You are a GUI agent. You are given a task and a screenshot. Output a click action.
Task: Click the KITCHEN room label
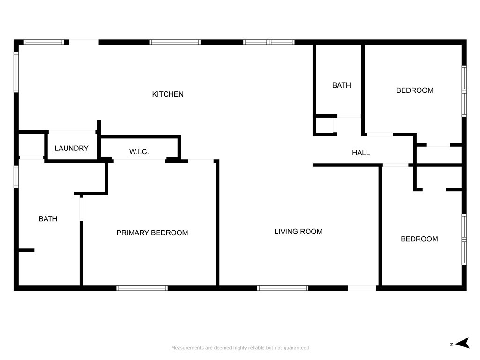(x=168, y=94)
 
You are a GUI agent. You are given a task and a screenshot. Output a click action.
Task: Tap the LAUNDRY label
(x=71, y=149)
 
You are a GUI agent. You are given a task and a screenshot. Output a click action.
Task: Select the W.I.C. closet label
(x=139, y=152)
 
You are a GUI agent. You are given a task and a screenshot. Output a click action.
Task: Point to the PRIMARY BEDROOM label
(x=152, y=233)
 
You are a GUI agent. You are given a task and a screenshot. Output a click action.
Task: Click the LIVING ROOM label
(x=298, y=232)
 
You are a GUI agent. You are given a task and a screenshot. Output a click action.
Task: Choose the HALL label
(x=361, y=153)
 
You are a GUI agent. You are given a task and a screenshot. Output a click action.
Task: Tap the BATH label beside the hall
(x=341, y=85)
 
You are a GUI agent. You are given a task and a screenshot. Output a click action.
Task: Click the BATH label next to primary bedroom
(x=48, y=219)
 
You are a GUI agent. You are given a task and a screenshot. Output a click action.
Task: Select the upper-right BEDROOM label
(x=415, y=90)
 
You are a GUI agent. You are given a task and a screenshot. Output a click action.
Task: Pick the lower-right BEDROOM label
(x=419, y=239)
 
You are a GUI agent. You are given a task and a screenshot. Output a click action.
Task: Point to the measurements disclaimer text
(x=240, y=348)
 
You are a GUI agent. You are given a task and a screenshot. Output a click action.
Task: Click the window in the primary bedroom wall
(x=142, y=288)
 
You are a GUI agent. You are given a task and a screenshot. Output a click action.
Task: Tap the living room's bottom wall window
(x=283, y=288)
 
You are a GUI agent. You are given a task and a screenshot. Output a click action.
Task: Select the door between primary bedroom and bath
(x=82, y=208)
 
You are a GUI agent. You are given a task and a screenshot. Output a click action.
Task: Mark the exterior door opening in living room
(x=362, y=288)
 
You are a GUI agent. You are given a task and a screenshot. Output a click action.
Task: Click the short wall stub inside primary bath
(x=26, y=250)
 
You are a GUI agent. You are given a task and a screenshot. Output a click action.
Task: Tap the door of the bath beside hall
(x=349, y=116)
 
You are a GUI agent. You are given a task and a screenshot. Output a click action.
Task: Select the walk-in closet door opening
(x=139, y=161)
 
